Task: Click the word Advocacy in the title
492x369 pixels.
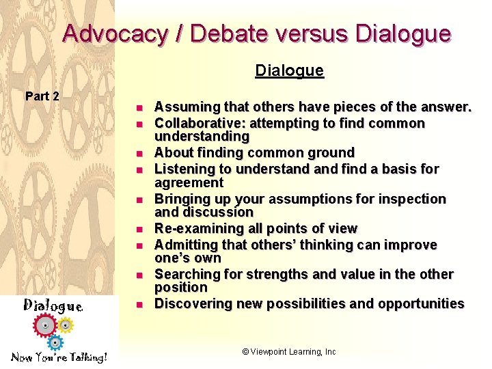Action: click(114, 34)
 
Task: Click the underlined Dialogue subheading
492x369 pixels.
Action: click(289, 70)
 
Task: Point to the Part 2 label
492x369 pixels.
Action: click(42, 96)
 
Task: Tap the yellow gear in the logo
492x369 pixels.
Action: click(65, 325)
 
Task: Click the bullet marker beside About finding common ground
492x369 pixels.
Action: click(137, 154)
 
